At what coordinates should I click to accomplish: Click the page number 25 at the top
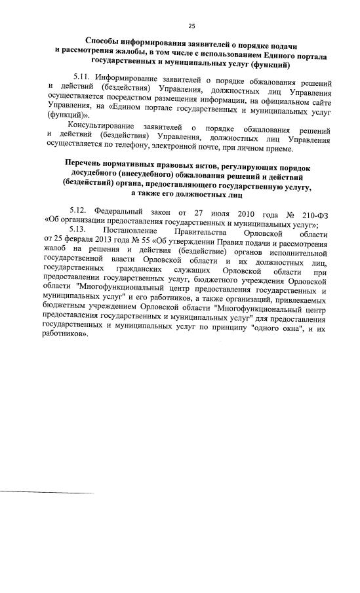(192, 26)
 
